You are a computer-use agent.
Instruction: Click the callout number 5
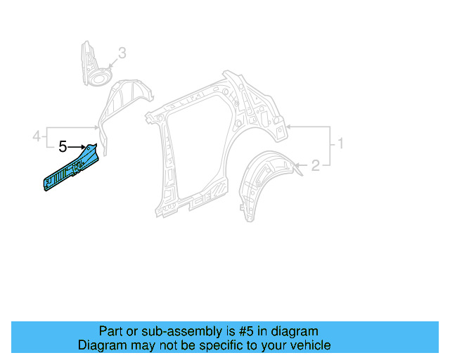click(62, 147)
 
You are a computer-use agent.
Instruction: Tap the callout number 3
click(122, 53)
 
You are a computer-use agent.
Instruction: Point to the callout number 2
click(316, 165)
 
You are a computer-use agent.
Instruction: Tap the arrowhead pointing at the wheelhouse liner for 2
click(298, 166)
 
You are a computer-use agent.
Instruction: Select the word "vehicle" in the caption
click(310, 345)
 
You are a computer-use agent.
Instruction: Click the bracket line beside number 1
click(330, 144)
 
